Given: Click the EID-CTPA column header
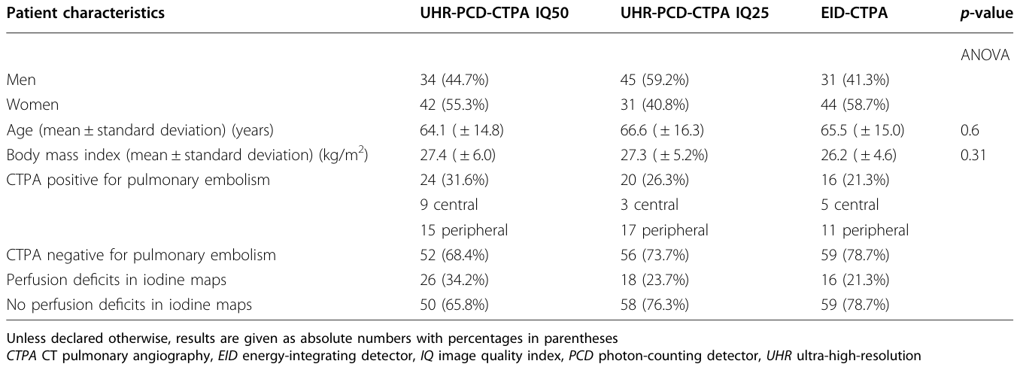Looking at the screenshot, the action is (855, 13).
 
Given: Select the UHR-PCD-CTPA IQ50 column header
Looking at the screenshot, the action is (494, 13).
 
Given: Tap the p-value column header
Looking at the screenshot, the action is (986, 14).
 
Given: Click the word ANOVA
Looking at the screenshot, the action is (985, 55).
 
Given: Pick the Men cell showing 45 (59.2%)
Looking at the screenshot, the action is (654, 80).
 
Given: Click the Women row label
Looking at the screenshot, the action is (32, 105).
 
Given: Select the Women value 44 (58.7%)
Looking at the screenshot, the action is (855, 105).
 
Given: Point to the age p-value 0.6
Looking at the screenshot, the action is (970, 131).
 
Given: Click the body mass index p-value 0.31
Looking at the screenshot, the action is (973, 155).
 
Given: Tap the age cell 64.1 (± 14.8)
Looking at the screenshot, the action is (462, 131).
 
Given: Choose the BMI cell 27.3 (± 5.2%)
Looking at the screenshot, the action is (664, 155).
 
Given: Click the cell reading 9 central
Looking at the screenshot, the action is (448, 205).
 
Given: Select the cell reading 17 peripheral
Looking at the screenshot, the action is (664, 230).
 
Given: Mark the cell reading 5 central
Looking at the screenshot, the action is (850, 205).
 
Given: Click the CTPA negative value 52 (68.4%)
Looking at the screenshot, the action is (454, 255).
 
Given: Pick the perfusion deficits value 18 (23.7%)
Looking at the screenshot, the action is (654, 280).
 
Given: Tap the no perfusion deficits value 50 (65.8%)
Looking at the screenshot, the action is (454, 305).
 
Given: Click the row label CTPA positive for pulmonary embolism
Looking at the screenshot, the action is (138, 180).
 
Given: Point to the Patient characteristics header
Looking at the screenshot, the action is (86, 13).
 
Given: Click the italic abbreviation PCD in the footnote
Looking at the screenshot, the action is (581, 356).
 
